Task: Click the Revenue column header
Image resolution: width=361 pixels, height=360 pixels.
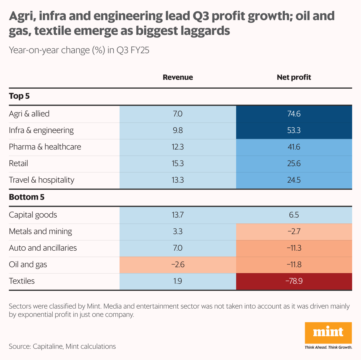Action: [178, 77]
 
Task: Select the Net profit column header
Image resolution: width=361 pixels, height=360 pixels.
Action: [294, 77]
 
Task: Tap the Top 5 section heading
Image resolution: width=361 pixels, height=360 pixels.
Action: [19, 96]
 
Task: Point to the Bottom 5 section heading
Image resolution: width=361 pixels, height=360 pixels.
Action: [27, 197]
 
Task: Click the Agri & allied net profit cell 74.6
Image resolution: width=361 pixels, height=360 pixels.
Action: [294, 114]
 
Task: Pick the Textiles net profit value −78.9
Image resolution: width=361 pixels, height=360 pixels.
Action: [294, 281]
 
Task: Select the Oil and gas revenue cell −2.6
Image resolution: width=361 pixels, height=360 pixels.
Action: [178, 264]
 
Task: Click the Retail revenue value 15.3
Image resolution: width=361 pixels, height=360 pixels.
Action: [178, 163]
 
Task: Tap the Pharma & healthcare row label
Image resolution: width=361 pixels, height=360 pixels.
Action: [45, 147]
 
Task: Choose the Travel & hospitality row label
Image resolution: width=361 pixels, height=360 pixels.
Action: [41, 180]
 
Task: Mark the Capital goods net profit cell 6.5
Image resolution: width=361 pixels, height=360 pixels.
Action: [294, 215]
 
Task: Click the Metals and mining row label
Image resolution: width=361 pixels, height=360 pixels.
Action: [41, 231]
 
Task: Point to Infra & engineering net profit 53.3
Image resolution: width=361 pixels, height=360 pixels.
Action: [294, 130]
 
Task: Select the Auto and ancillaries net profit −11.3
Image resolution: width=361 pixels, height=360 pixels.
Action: [294, 248]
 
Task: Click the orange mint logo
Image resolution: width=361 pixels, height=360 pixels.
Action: [328, 333]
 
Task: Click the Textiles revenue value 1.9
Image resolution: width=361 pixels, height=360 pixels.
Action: [178, 281]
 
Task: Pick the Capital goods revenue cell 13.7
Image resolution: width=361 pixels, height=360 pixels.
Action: [178, 215]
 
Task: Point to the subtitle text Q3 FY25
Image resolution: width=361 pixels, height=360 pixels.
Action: [133, 50]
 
